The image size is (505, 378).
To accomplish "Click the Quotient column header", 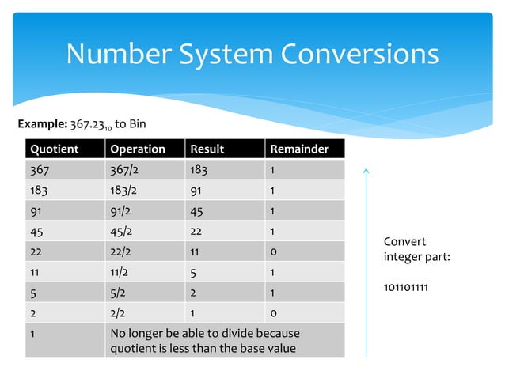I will pyautogui.click(x=49, y=149).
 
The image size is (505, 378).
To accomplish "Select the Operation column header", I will pyautogui.click(x=138, y=149).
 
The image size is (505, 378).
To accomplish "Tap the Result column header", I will pyautogui.click(x=207, y=149).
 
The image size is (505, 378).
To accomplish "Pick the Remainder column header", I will pyautogui.click(x=300, y=149).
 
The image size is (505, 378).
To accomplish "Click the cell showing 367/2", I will pyautogui.click(x=125, y=170).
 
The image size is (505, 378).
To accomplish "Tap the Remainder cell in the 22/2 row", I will pyautogui.click(x=273, y=251).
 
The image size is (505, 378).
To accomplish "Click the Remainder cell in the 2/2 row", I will pyautogui.click(x=273, y=312).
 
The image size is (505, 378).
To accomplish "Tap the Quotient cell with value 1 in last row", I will pyautogui.click(x=32, y=333).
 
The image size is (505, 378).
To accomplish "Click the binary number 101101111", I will pyautogui.click(x=406, y=287).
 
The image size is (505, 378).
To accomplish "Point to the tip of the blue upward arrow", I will pyautogui.click(x=366, y=168).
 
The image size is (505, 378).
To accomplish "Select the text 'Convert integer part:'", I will pyautogui.click(x=416, y=249).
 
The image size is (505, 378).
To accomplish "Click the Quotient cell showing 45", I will pyautogui.click(x=36, y=231).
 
